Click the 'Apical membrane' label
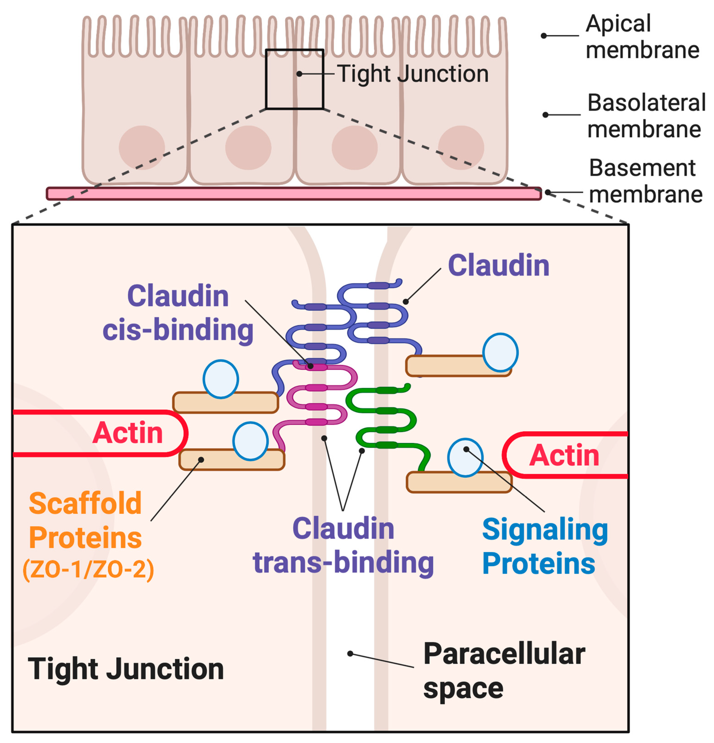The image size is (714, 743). tap(642, 37)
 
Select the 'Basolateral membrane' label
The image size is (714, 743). tap(646, 116)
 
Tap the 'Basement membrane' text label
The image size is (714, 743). tap(645, 181)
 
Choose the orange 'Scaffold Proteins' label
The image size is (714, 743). tap(85, 520)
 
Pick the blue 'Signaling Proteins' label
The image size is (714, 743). tap(545, 546)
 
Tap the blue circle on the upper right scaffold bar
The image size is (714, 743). tap(500, 352)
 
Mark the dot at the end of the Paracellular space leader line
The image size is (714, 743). tap(350, 654)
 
